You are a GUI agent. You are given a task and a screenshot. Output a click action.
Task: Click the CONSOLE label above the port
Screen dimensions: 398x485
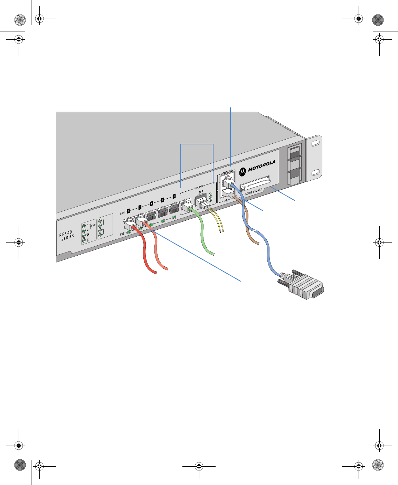pyautogui.click(x=227, y=172)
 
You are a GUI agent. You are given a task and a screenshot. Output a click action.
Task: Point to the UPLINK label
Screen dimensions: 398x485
pyautogui.click(x=199, y=187)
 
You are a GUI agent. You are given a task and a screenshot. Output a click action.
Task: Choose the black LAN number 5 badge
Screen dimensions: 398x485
pyautogui.click(x=174, y=196)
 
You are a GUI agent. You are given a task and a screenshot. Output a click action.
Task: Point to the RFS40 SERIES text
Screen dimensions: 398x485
pyautogui.click(x=66, y=234)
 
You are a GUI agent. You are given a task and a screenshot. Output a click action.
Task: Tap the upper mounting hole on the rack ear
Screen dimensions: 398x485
pyautogui.click(x=315, y=143)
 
